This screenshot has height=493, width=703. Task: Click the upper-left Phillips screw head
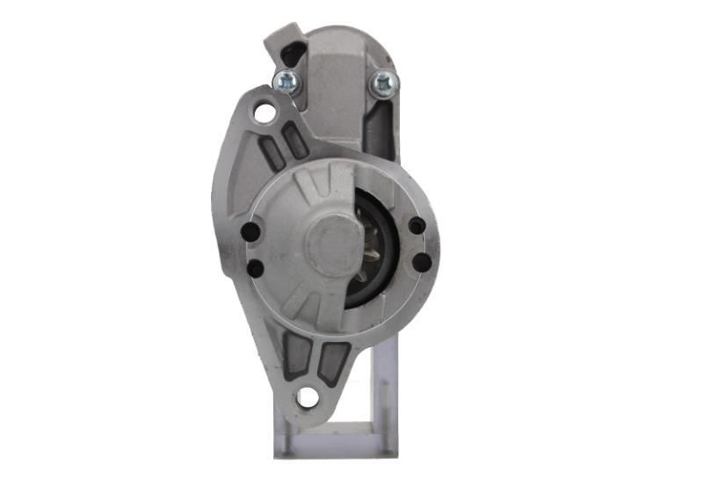pos(286,83)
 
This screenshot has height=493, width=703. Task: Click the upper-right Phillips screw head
pos(384,83)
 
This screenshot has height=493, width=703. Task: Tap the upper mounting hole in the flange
pos(264,112)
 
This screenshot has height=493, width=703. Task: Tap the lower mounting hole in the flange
pos(307,397)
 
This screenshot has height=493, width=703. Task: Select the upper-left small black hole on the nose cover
pos(250,232)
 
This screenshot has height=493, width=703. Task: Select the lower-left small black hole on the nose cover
pos(254,269)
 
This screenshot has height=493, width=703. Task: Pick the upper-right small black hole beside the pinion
pos(417,226)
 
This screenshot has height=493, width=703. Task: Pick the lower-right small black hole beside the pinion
pos(421,262)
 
